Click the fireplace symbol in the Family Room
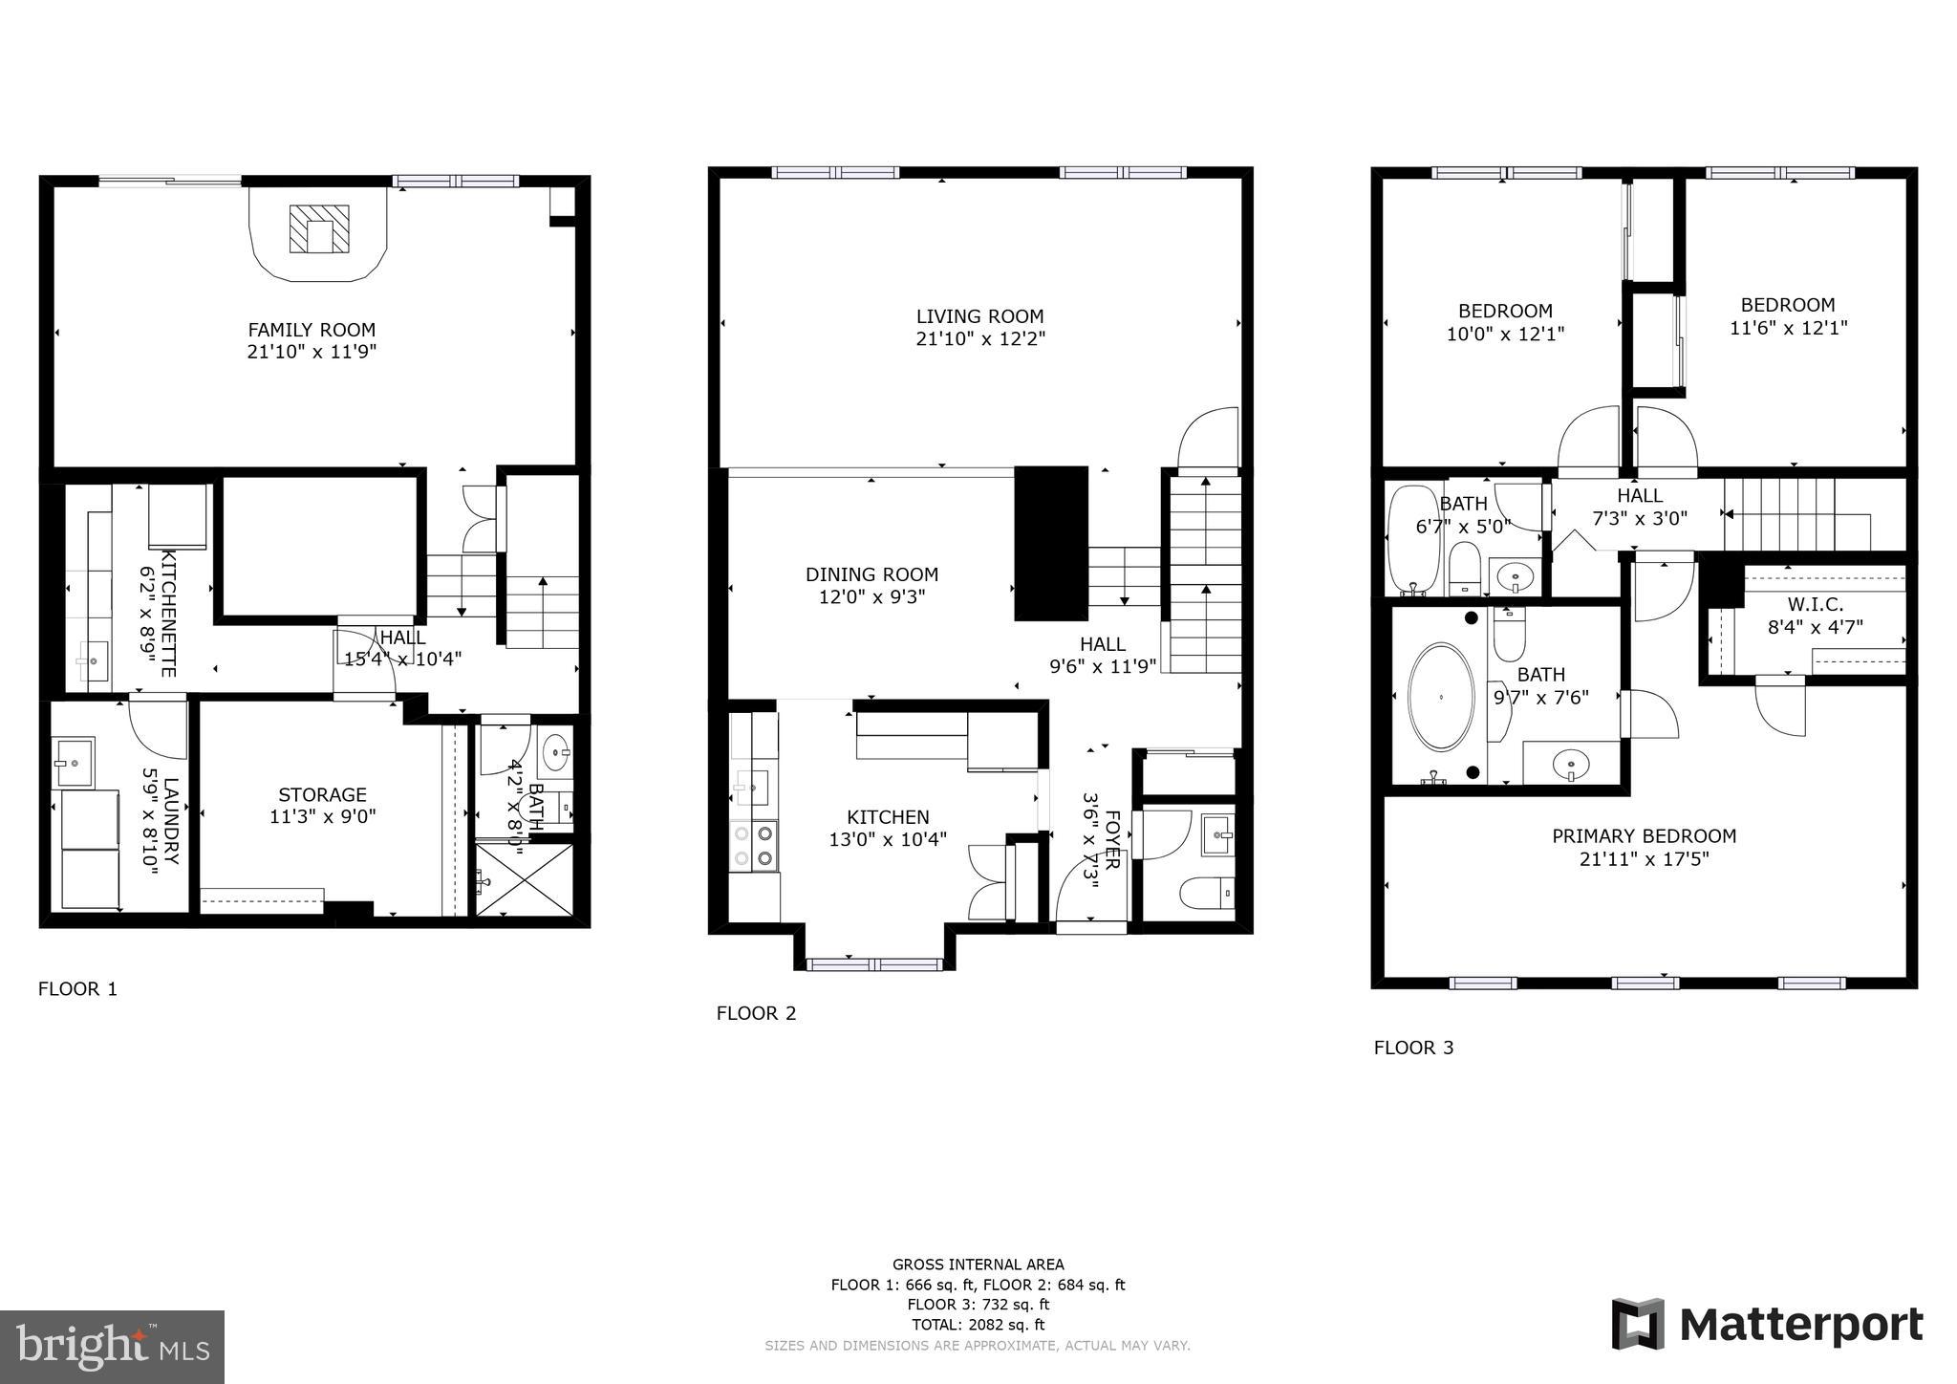pos(319,230)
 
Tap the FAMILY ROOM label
pos(312,330)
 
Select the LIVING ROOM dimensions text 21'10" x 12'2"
pos(980,338)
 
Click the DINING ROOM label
pos(871,574)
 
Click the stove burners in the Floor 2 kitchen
pos(753,846)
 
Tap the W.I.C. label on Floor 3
pos(1815,605)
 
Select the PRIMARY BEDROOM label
pos(1644,836)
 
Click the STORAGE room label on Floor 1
pos(322,794)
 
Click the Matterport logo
pos(1768,1325)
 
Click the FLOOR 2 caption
pos(756,1013)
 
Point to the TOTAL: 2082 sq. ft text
pos(978,1325)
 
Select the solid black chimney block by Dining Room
pos(1051,543)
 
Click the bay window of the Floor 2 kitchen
pos(874,963)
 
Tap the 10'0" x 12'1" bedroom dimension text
pos(1505,335)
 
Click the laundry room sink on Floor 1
pos(73,752)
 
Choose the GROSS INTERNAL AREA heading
pos(978,1265)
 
